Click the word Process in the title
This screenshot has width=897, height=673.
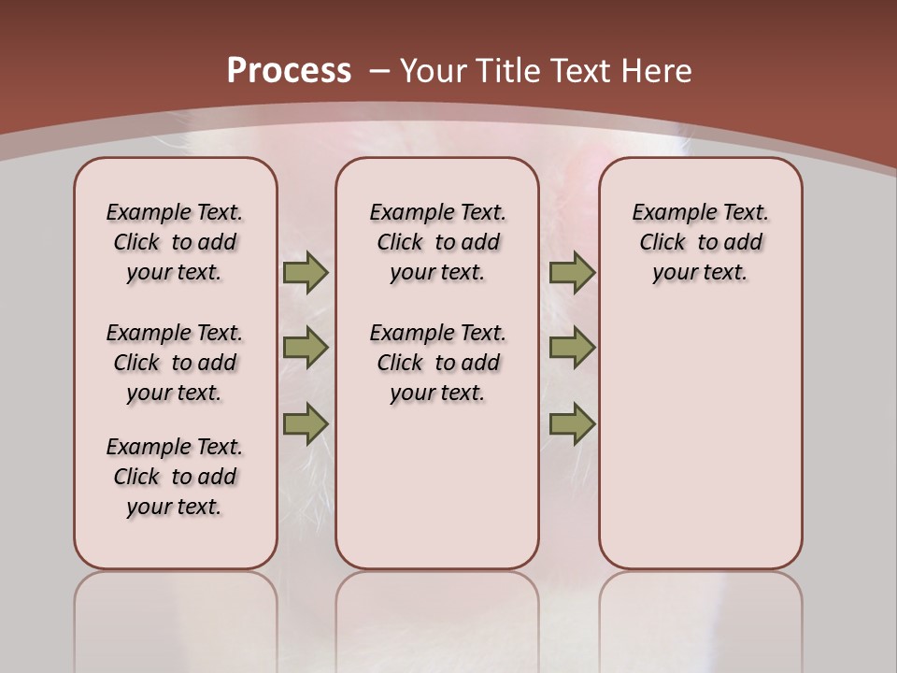(x=289, y=70)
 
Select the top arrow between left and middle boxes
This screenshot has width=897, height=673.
(x=306, y=273)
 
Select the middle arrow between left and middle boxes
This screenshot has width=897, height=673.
(x=306, y=348)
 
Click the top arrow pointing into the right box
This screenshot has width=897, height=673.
(x=572, y=273)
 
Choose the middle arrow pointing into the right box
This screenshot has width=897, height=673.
(x=572, y=348)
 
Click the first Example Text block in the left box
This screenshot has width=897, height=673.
(x=175, y=242)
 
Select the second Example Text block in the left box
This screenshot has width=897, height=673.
(x=175, y=363)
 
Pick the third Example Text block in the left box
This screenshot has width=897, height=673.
(x=175, y=477)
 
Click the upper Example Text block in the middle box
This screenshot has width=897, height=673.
(x=438, y=242)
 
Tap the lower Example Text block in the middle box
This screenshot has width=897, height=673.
(x=438, y=363)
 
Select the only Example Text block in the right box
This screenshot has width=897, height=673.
(x=701, y=242)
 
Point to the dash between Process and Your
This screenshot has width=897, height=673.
(x=379, y=71)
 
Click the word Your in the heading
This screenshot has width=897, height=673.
(x=434, y=71)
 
